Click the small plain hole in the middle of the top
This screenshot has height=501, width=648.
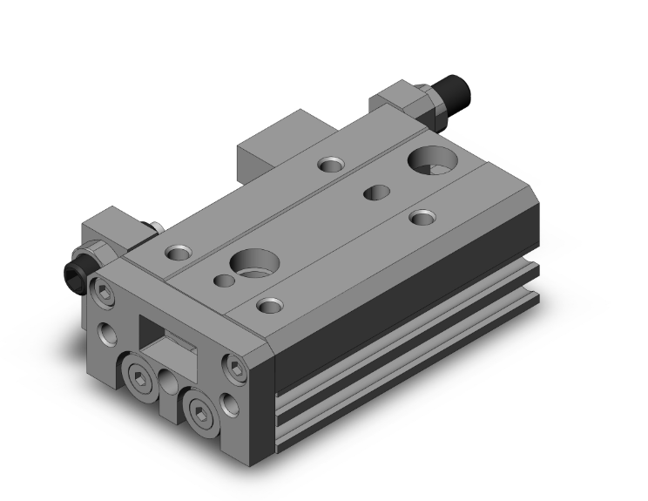(x=376, y=192)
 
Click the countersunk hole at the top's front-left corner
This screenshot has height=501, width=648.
(x=178, y=253)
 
